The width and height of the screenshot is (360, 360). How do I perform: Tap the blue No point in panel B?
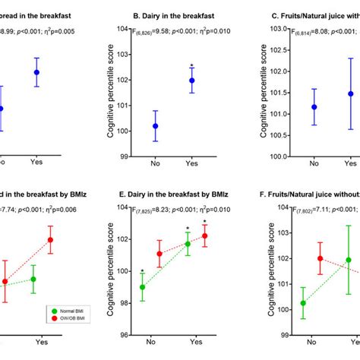point(155,126)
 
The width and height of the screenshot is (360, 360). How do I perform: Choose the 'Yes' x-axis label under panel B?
point(191,163)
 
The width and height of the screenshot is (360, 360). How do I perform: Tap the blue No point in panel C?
point(314,107)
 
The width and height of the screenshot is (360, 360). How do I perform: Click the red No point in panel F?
point(320,258)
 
